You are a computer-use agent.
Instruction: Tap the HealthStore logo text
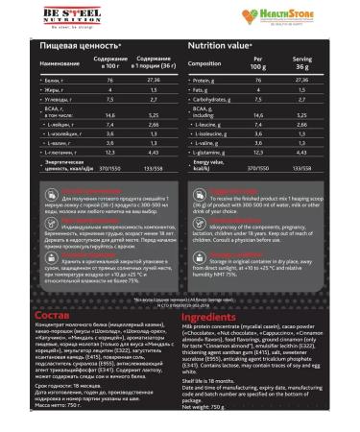[323, 14]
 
